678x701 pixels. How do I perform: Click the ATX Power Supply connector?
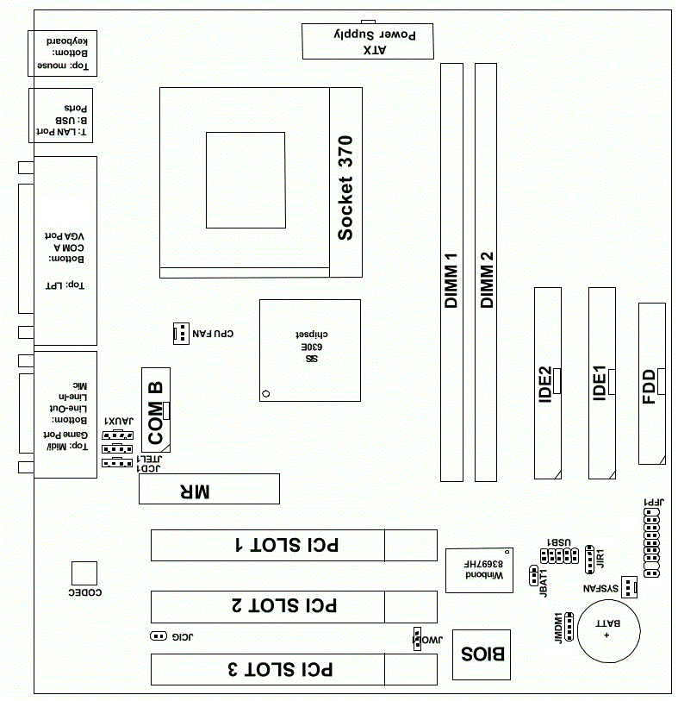[x=368, y=41]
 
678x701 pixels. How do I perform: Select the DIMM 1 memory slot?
[x=451, y=272]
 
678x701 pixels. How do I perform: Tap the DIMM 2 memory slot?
[x=486, y=272]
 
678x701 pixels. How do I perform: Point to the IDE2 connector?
[x=548, y=383]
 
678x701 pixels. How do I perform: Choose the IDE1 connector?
[x=602, y=383]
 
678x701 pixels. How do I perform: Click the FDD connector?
[x=652, y=384]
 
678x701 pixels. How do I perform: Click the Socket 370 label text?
[x=345, y=188]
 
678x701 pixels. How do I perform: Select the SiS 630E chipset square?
[x=310, y=350]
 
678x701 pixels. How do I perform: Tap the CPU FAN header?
[x=181, y=334]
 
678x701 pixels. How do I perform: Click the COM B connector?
[x=156, y=410]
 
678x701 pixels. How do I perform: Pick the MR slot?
[x=209, y=489]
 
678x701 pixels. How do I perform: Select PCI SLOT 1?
[x=294, y=546]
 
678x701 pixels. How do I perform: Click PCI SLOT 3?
[x=294, y=669]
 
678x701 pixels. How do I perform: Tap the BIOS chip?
[x=482, y=655]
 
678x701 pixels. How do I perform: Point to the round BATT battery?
[x=609, y=631]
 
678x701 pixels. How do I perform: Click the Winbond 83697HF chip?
[x=479, y=571]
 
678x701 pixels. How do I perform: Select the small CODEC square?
[x=84, y=573]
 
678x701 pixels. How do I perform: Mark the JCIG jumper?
[x=159, y=635]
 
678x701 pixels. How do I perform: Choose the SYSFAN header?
[x=629, y=587]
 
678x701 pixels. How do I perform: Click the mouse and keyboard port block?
[x=63, y=53]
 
